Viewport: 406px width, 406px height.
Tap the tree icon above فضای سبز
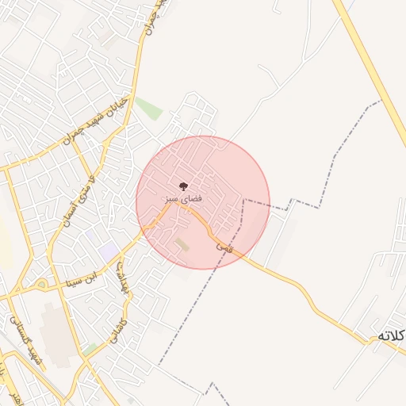(x=184, y=186)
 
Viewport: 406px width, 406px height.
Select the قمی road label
(x=224, y=247)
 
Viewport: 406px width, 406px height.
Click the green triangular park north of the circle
(x=148, y=108)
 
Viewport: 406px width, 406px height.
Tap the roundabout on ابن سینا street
(x=41, y=284)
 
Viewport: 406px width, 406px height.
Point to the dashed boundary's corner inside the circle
(x=244, y=201)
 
